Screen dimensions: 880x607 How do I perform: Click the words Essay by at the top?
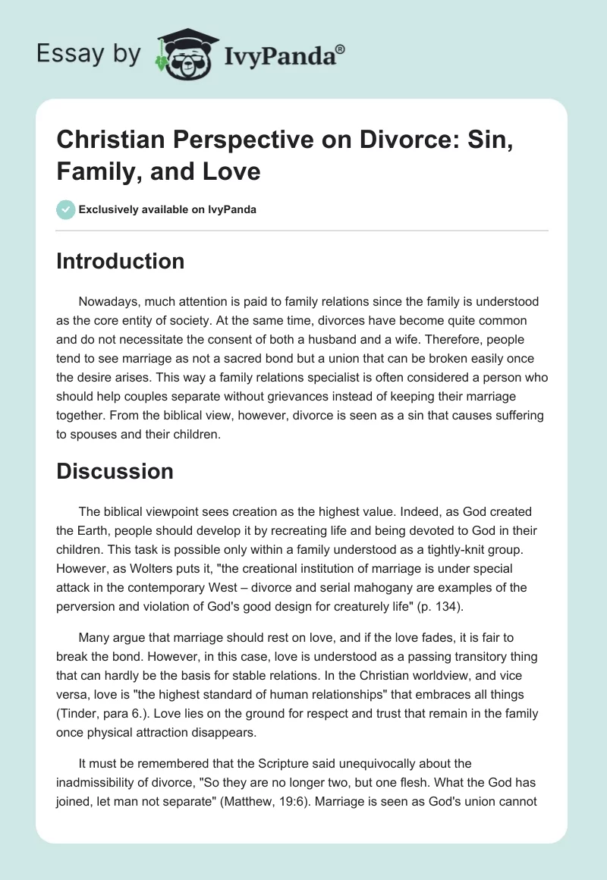pos(89,54)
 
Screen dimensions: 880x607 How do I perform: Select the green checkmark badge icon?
pos(66,209)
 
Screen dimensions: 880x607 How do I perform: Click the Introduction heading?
pos(121,261)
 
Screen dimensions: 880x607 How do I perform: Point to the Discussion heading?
pos(115,471)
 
